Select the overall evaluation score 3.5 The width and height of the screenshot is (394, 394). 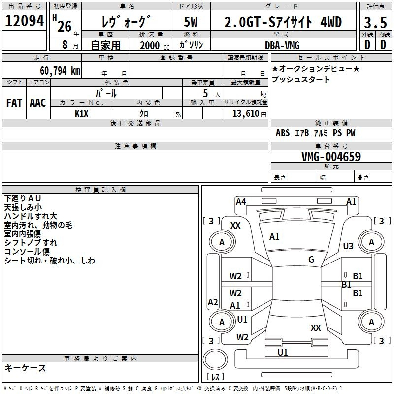(x=375, y=23)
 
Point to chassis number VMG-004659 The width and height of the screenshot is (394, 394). (x=331, y=157)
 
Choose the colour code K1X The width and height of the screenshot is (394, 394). (x=82, y=113)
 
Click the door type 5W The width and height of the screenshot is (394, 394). (x=191, y=23)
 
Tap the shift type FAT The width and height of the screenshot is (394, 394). (x=14, y=103)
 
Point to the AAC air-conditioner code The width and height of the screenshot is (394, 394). (x=38, y=103)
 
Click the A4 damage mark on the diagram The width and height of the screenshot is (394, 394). (x=241, y=201)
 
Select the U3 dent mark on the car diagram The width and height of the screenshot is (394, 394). (x=348, y=246)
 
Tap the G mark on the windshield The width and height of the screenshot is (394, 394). (x=311, y=260)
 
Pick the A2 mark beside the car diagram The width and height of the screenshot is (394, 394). (x=213, y=302)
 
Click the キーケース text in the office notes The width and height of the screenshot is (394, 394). (x=25, y=368)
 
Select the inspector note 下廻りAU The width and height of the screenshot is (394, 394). (x=23, y=198)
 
